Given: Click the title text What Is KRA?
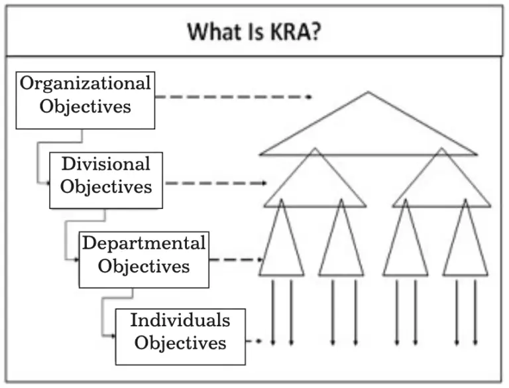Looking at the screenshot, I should point(254,31).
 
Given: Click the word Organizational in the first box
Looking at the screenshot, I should point(85,84).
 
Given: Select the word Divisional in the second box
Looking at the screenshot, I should point(106,163).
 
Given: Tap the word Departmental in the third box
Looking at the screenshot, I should point(143,243).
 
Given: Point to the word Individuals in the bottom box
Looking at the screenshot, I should point(180,320).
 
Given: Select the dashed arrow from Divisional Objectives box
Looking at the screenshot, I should point(215,182).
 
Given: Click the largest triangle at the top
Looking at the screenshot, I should point(368,133).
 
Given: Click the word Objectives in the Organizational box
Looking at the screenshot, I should point(85,106).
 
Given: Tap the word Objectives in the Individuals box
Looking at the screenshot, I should point(180,343).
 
